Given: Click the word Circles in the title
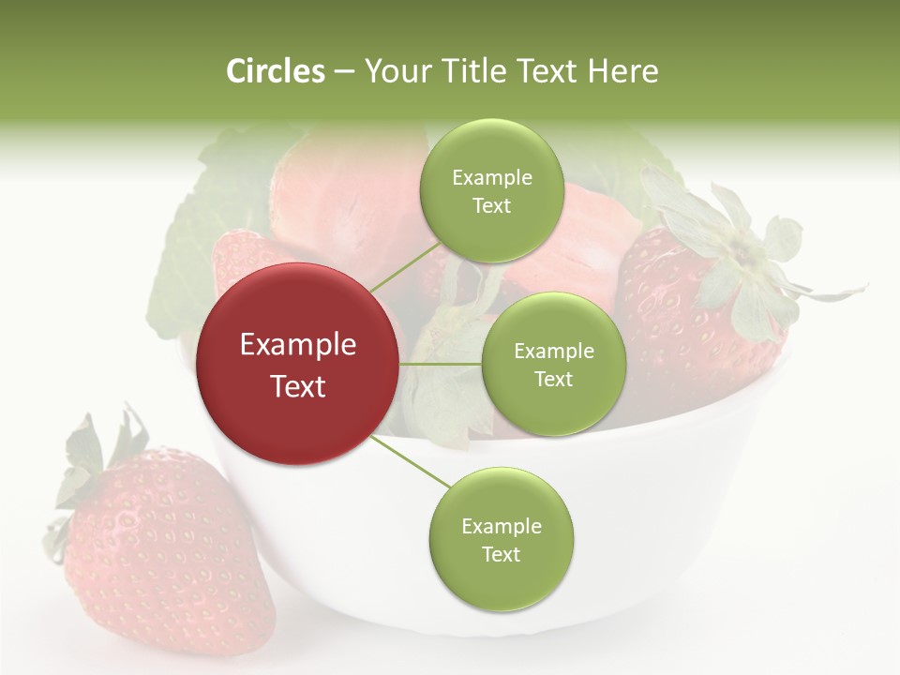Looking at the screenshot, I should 275,71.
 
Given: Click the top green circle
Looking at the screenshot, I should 491,191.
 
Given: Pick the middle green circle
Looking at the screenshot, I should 553,365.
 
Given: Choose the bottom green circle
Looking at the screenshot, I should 501,540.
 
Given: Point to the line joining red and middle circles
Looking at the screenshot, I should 440,364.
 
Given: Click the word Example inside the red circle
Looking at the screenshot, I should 298,345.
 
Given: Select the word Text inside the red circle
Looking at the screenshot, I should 298,386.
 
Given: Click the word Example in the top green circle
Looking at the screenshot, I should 492,178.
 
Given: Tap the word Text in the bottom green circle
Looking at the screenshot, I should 501,554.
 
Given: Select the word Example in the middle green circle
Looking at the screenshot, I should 554,352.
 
